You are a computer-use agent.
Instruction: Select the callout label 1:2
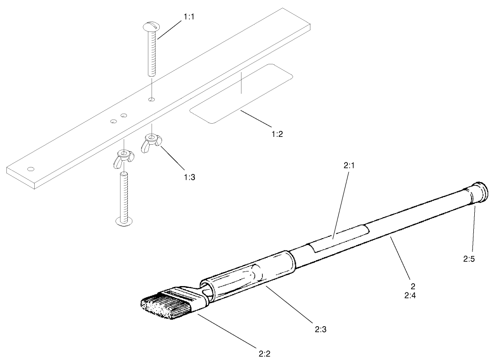tap(277, 134)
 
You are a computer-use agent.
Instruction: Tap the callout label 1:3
tap(189, 177)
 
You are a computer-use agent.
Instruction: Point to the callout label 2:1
tap(349, 167)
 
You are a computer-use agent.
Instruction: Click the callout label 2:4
tap(412, 295)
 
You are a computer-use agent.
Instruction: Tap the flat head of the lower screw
tap(124, 221)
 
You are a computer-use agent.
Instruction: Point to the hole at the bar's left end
tap(31, 169)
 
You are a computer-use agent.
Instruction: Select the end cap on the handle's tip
tap(478, 192)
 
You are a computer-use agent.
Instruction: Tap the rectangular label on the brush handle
tap(338, 239)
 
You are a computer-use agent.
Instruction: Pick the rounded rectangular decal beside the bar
tap(241, 93)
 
